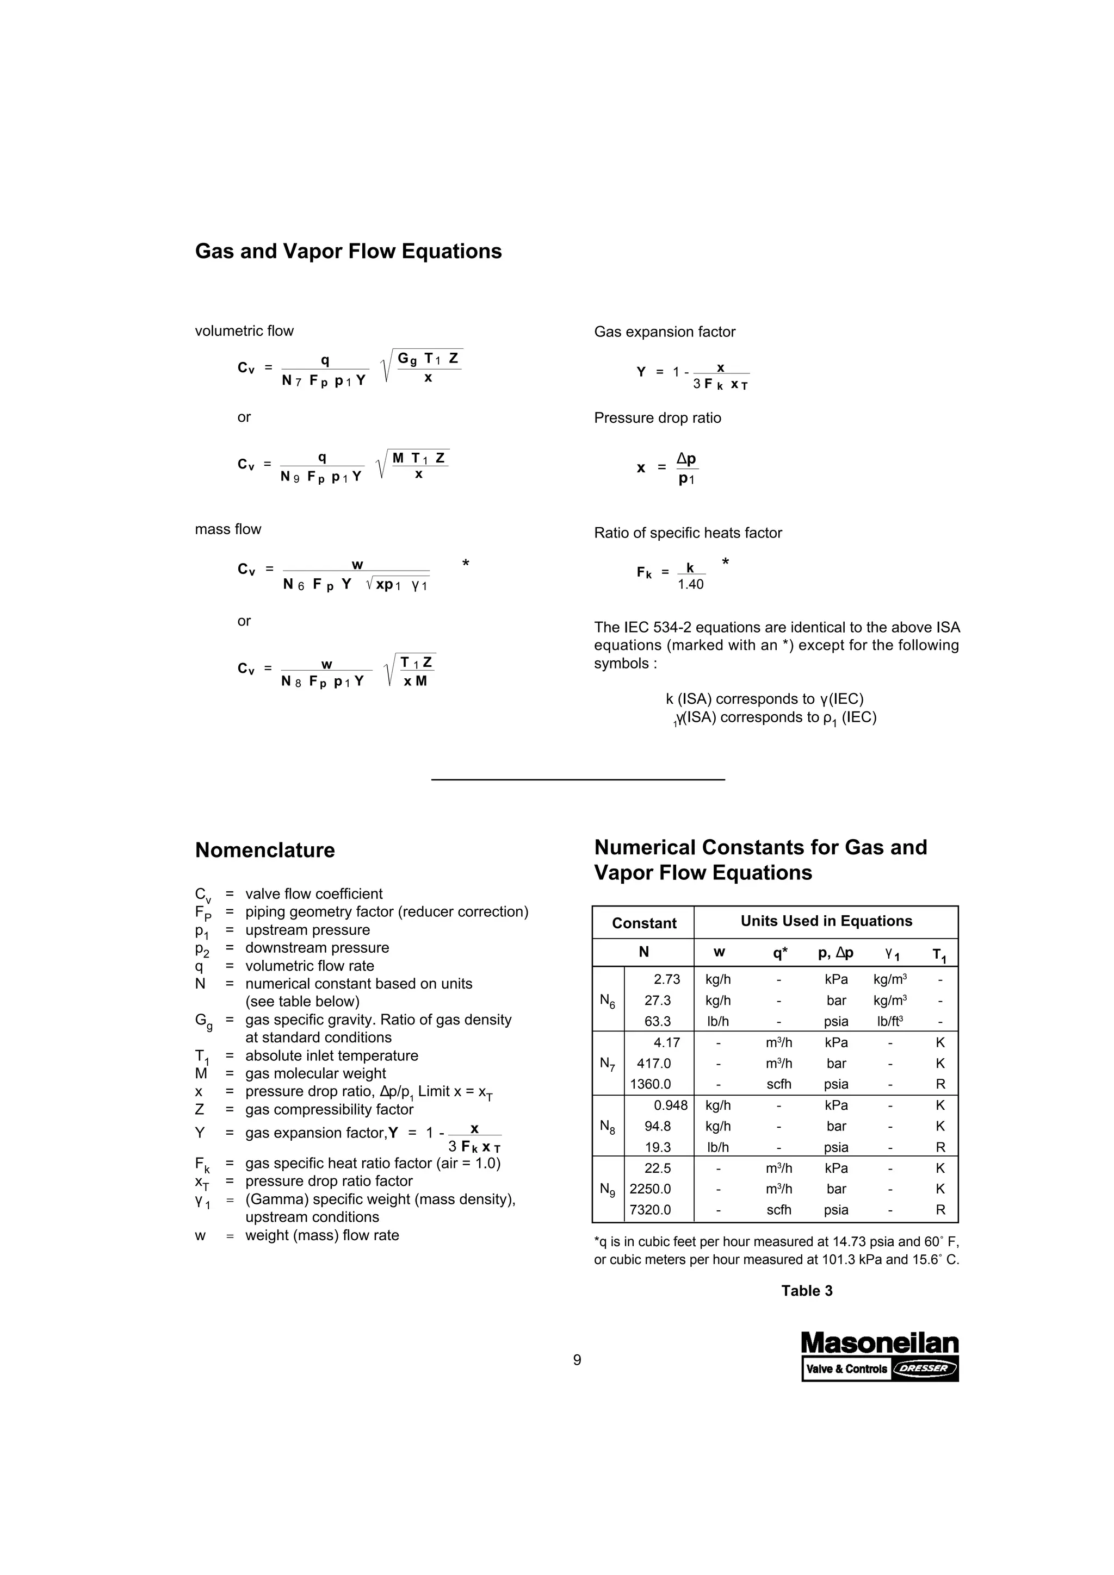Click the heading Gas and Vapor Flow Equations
(348, 251)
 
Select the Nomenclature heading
(265, 850)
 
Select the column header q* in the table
(779, 952)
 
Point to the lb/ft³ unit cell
(889, 1021)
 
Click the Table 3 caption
(807, 1290)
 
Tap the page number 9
(577, 1360)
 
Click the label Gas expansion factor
(664, 332)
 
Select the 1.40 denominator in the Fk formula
(690, 584)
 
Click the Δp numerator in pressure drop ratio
(686, 458)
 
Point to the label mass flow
(228, 529)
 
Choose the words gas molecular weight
(315, 1073)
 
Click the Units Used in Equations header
(826, 921)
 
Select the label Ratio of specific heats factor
(688, 533)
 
